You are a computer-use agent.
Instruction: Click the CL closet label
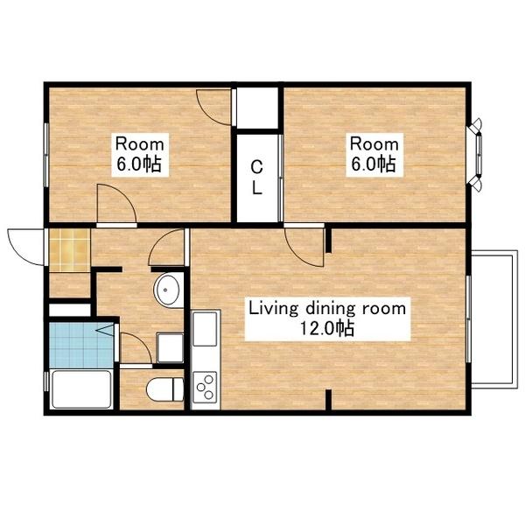(x=256, y=178)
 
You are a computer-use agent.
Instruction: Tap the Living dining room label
(x=327, y=309)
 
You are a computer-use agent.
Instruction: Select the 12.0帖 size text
(x=326, y=328)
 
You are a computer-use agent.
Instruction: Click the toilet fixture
(x=165, y=389)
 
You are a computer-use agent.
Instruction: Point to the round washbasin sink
(x=166, y=290)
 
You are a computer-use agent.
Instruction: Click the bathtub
(x=81, y=389)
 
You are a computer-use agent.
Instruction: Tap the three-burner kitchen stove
(x=205, y=388)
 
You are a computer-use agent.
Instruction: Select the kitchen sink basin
(x=205, y=329)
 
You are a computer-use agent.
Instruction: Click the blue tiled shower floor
(x=81, y=345)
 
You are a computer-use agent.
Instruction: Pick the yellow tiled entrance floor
(x=70, y=250)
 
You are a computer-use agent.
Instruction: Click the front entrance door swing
(x=25, y=247)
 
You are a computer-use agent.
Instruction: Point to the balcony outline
(x=494, y=319)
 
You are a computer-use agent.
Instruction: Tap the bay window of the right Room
(x=476, y=155)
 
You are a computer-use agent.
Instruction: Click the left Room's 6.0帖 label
(x=139, y=164)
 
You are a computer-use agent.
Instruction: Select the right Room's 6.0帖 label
(x=374, y=164)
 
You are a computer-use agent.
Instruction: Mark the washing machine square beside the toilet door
(x=170, y=347)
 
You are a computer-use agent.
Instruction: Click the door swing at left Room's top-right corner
(x=213, y=107)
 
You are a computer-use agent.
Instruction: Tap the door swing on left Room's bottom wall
(x=116, y=203)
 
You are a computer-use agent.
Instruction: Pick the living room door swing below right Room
(x=304, y=248)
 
